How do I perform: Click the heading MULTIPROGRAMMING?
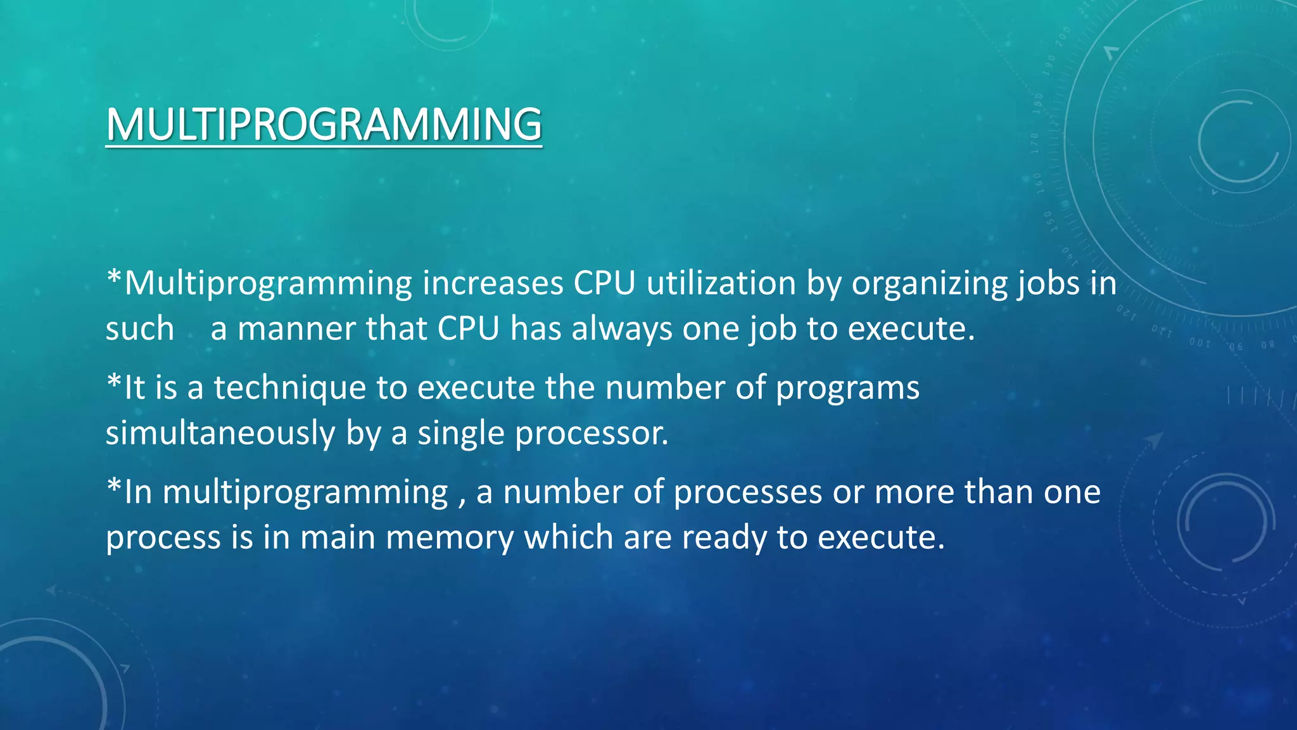(x=324, y=124)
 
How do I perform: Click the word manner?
(x=296, y=329)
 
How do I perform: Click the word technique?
(x=289, y=388)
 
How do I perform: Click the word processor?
(x=592, y=434)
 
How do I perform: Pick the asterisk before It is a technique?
(x=114, y=382)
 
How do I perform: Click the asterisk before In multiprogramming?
(x=114, y=487)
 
